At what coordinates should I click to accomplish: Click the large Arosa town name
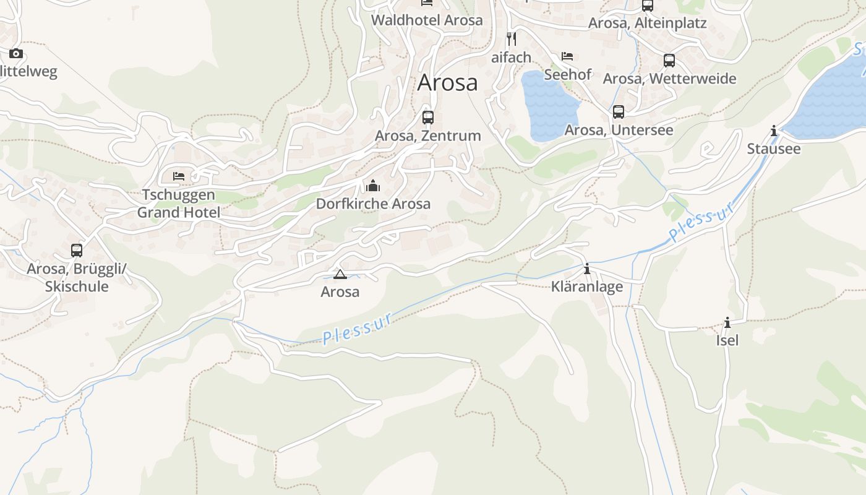pyautogui.click(x=447, y=82)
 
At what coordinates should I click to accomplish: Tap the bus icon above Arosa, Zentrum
pyautogui.click(x=427, y=117)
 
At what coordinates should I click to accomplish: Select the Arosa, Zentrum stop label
pyautogui.click(x=427, y=136)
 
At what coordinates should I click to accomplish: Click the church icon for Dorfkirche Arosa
pyautogui.click(x=372, y=186)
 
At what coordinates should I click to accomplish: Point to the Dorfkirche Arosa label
pyautogui.click(x=373, y=204)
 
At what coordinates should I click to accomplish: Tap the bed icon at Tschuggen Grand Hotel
pyautogui.click(x=179, y=176)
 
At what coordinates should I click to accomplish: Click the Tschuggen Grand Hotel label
pyautogui.click(x=178, y=204)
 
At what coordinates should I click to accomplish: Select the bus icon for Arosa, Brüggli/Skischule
pyautogui.click(x=77, y=251)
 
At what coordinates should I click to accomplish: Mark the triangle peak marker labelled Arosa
pyautogui.click(x=339, y=274)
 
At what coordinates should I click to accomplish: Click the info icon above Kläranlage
pyautogui.click(x=587, y=269)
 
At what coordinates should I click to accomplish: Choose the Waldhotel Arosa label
pyautogui.click(x=427, y=20)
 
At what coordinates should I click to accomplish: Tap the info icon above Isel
pyautogui.click(x=727, y=322)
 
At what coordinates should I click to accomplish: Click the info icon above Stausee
pyautogui.click(x=774, y=131)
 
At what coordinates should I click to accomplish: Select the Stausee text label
pyautogui.click(x=773, y=148)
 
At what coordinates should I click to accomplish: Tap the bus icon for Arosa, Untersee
pyautogui.click(x=619, y=112)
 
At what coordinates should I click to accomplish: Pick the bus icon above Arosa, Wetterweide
pyautogui.click(x=669, y=61)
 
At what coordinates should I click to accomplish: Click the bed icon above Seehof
pyautogui.click(x=567, y=56)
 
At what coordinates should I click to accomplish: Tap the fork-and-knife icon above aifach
pyautogui.click(x=512, y=39)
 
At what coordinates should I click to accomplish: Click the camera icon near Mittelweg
pyautogui.click(x=16, y=54)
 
